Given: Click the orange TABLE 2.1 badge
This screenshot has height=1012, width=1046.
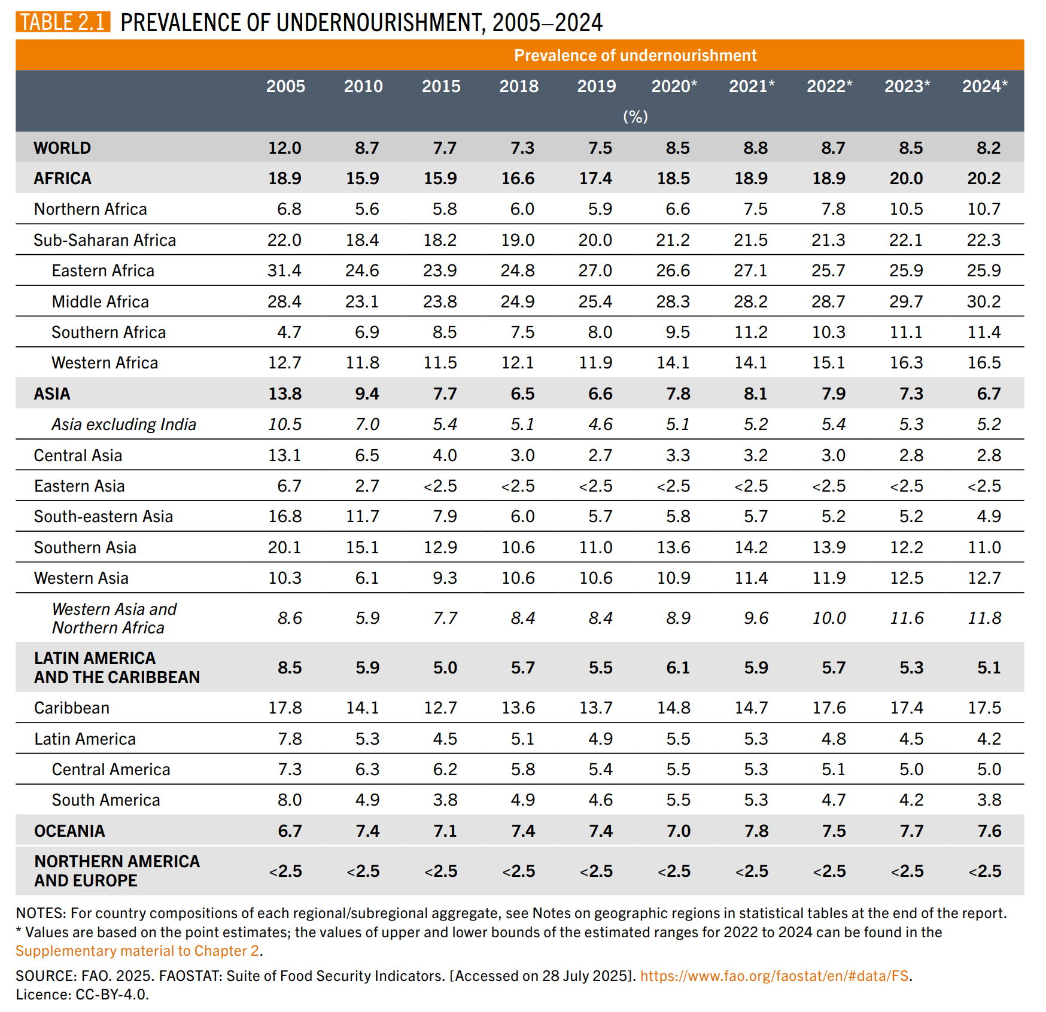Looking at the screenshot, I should click(x=63, y=22).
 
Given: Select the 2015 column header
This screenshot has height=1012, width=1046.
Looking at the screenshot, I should click(x=441, y=86).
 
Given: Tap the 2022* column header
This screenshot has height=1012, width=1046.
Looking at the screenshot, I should click(x=829, y=86).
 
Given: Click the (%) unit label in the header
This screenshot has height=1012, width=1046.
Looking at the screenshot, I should click(x=635, y=117).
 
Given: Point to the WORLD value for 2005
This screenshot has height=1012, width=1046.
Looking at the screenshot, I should click(x=285, y=148).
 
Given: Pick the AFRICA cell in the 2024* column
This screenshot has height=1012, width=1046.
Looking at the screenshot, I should click(x=984, y=178).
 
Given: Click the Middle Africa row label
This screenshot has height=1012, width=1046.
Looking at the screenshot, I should click(x=100, y=301).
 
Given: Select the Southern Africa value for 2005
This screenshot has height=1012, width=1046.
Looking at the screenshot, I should click(x=289, y=332).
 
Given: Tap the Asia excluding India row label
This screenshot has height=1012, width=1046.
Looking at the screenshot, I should click(x=123, y=425).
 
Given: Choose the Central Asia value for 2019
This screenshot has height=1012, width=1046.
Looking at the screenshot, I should click(x=600, y=455).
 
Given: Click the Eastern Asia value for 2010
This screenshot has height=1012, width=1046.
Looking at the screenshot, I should click(x=367, y=486).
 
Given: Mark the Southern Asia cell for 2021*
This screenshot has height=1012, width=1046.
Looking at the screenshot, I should click(x=751, y=547).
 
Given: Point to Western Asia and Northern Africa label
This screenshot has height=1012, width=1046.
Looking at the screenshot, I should click(x=114, y=618).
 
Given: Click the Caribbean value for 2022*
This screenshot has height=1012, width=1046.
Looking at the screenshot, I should click(x=829, y=708).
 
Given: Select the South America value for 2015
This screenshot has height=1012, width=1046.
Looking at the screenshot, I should click(x=445, y=800).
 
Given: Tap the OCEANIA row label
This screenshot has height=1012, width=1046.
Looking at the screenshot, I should click(x=69, y=831).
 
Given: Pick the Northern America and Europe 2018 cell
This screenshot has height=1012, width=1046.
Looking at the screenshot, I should click(x=519, y=871).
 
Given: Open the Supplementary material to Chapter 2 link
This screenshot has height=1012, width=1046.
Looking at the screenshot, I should click(x=137, y=950).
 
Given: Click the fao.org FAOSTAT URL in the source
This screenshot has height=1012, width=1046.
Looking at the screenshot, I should click(x=774, y=976).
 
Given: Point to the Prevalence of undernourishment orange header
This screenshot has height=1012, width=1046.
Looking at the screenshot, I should click(x=635, y=56).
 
